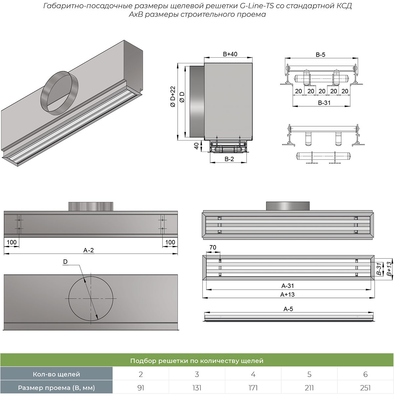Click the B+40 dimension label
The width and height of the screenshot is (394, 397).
coord(230,54)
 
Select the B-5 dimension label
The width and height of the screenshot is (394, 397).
coord(320,55)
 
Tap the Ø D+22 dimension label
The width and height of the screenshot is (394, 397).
coord(173,96)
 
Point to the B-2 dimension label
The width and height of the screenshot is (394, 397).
coord(229,159)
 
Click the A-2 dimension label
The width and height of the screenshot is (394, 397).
coord(89,250)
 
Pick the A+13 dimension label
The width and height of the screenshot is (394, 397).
coord(287,295)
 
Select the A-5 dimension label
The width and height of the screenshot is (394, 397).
coord(288,309)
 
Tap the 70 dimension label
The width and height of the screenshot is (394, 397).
coord(213,247)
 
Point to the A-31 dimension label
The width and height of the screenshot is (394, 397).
coord(288,286)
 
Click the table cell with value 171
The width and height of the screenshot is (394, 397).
coord(253,388)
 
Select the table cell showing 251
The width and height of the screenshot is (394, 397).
coord(365,388)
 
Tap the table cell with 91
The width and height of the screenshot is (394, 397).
coord(141,388)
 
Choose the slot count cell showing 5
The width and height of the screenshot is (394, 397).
coord(309,374)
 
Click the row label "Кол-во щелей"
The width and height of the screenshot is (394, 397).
coord(56,374)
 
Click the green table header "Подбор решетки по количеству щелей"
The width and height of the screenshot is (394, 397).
coord(197,361)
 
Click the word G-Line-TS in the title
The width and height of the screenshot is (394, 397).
coord(251,6)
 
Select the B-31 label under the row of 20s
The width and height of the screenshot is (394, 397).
coord(324,103)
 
